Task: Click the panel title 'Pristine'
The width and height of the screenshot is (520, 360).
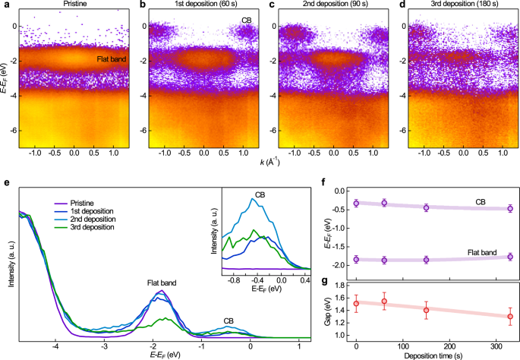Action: (74, 5)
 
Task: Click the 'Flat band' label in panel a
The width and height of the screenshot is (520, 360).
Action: (112, 58)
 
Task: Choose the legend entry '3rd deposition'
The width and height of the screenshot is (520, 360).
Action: (96, 228)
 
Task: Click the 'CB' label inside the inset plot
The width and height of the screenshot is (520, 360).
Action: (260, 194)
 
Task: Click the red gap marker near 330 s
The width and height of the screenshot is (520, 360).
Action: (509, 316)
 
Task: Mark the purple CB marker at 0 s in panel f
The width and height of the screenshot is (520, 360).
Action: (356, 203)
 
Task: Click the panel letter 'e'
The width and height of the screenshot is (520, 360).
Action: (6, 184)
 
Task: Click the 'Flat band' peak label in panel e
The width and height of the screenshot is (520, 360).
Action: (162, 283)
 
